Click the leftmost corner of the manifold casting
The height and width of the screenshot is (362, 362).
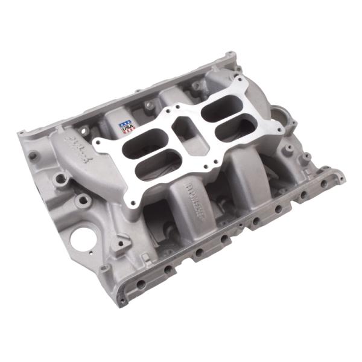pyautogui.click(x=19, y=134)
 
